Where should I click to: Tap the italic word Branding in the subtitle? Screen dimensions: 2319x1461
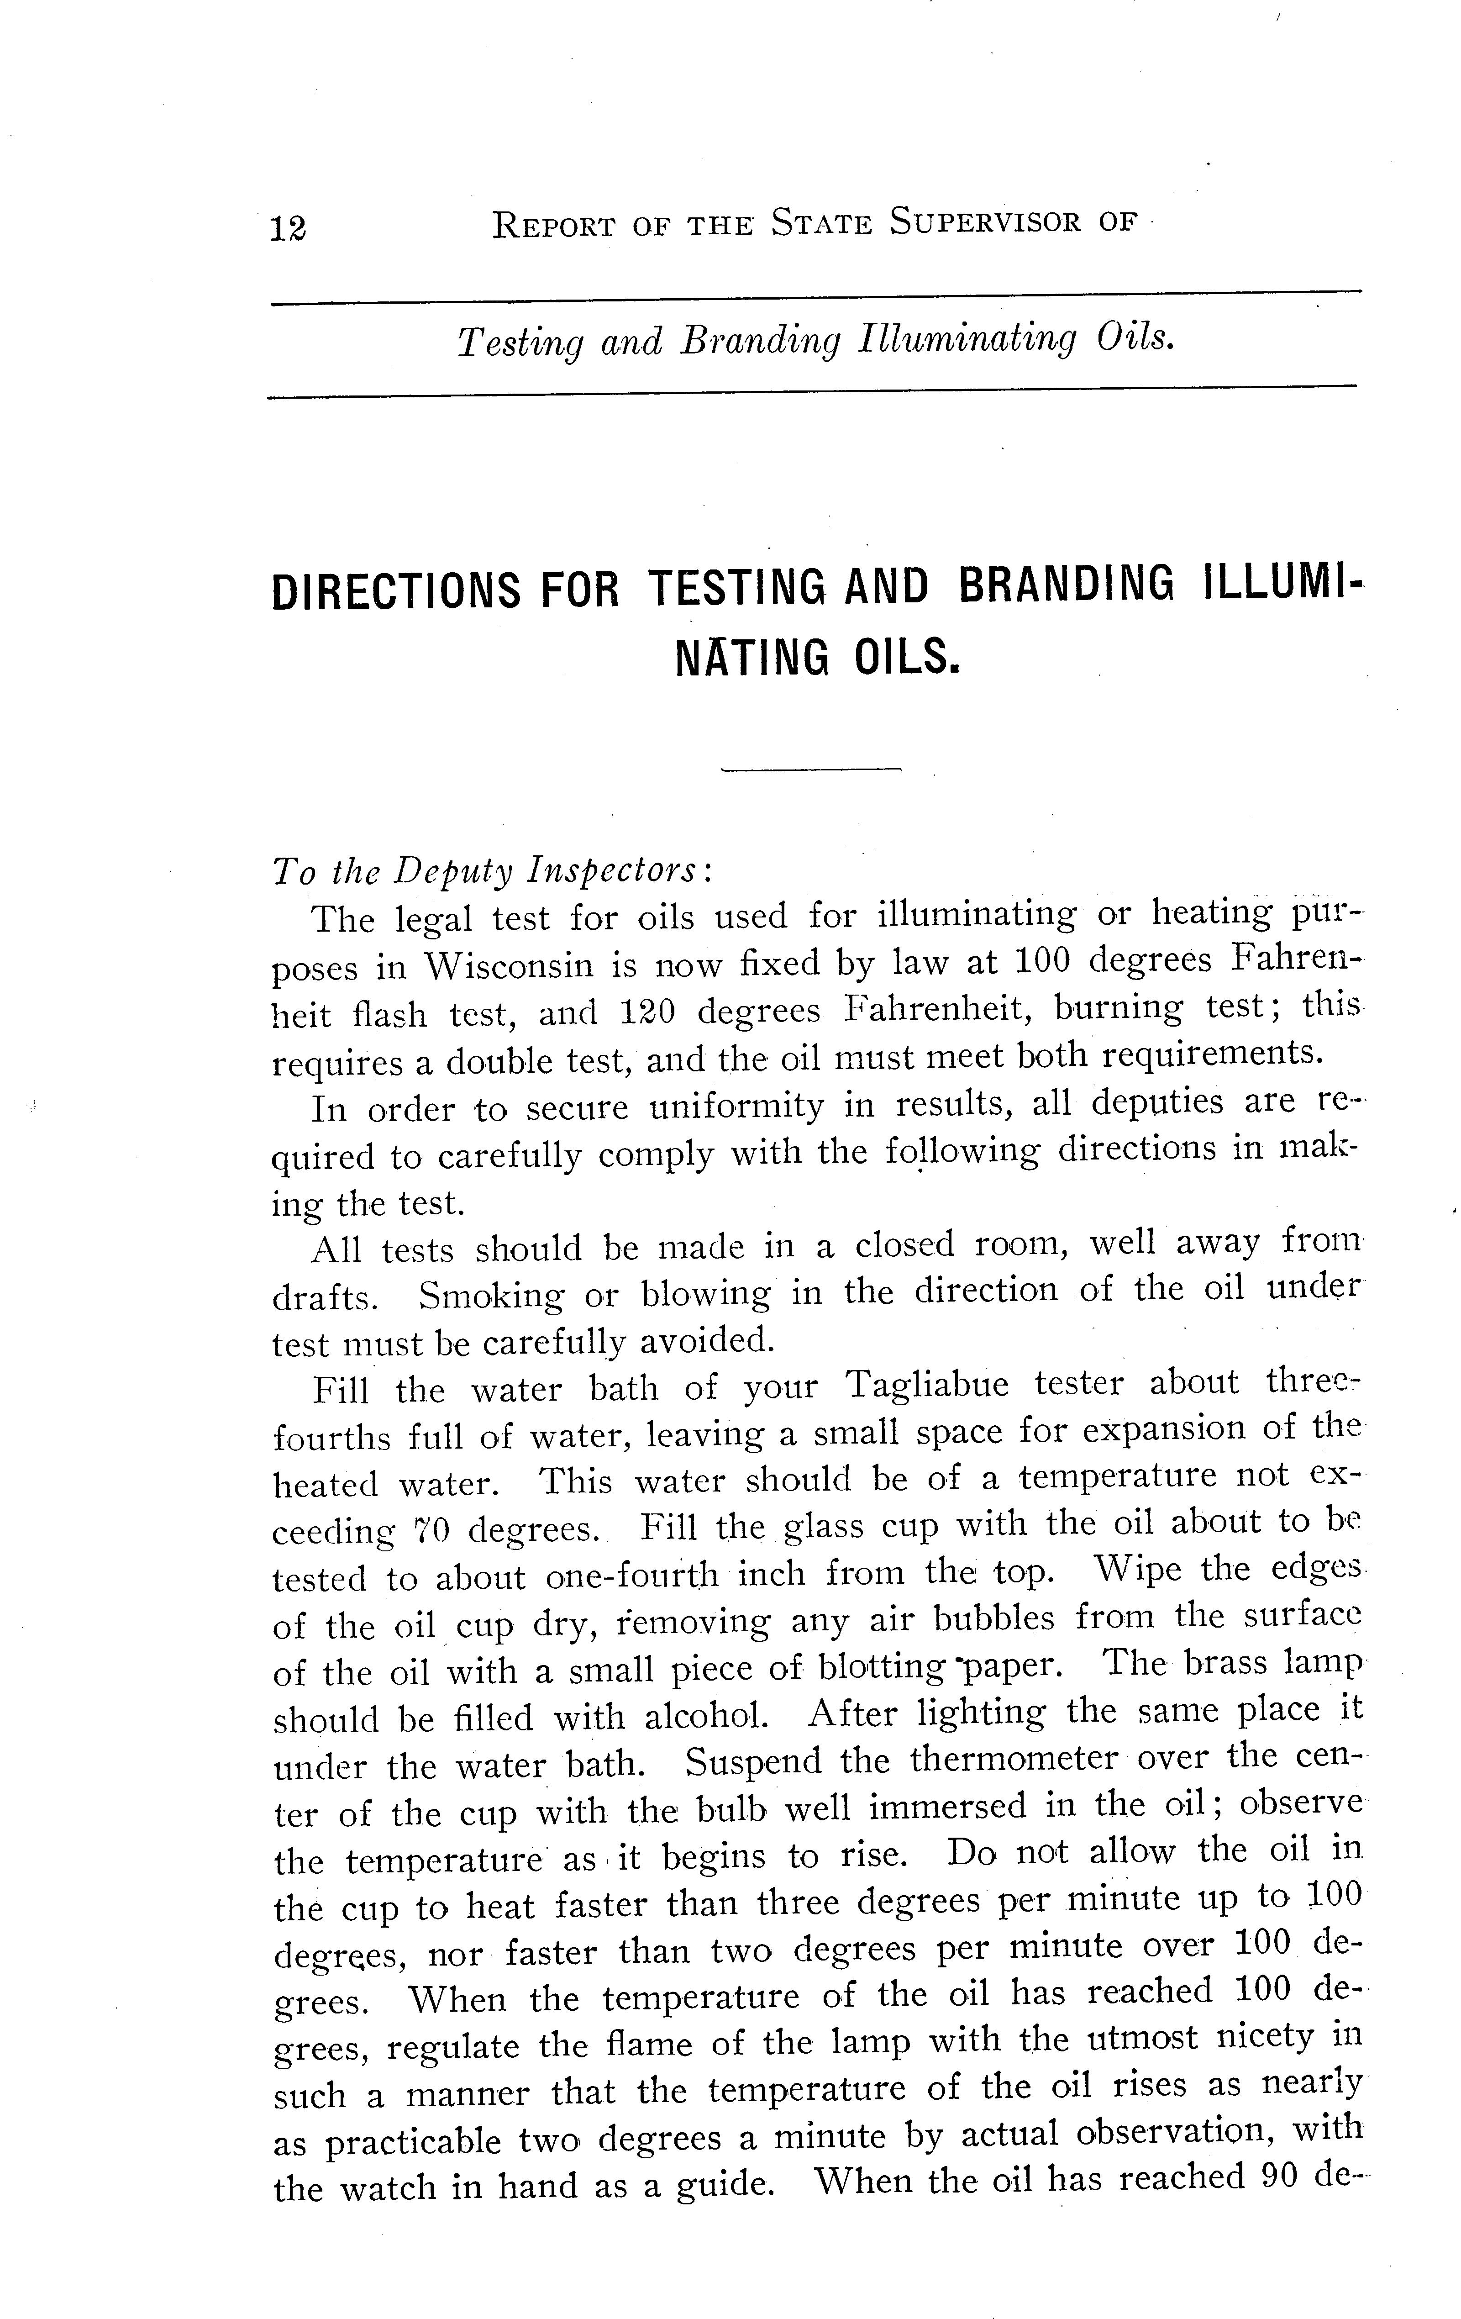[760, 342]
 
